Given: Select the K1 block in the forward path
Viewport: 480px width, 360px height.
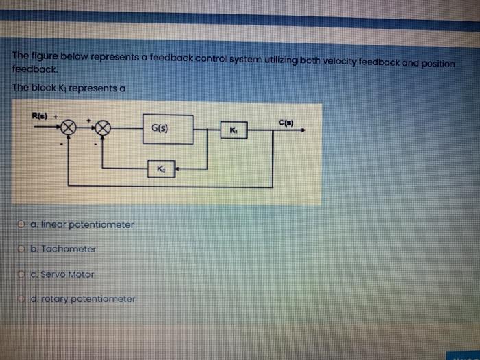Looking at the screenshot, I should (233, 130).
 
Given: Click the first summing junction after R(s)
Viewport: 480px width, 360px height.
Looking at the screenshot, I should (69, 128).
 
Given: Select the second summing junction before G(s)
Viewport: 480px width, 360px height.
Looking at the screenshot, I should (103, 128).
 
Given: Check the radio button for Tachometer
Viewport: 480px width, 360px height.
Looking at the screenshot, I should (23, 250).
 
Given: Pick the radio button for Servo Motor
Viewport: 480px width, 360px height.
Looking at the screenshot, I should (23, 274).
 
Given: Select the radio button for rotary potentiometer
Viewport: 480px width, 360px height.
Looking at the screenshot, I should (23, 299).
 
